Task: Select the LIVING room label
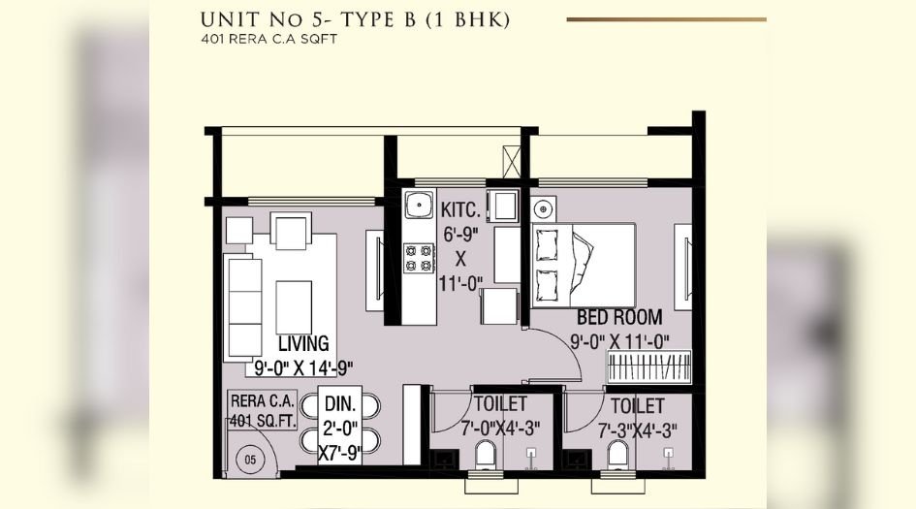click(303, 344)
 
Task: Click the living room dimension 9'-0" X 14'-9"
click(302, 367)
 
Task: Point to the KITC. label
click(461, 210)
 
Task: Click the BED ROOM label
click(619, 317)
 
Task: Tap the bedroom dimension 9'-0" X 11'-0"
click(620, 340)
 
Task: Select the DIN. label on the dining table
click(340, 403)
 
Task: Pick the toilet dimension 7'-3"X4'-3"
click(636, 429)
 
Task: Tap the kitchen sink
click(419, 206)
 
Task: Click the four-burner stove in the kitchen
click(419, 257)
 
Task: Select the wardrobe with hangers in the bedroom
click(649, 369)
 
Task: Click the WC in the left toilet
click(486, 454)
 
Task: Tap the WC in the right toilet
click(617, 454)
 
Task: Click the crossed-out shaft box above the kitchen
click(512, 160)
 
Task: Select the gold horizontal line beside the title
click(665, 18)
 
